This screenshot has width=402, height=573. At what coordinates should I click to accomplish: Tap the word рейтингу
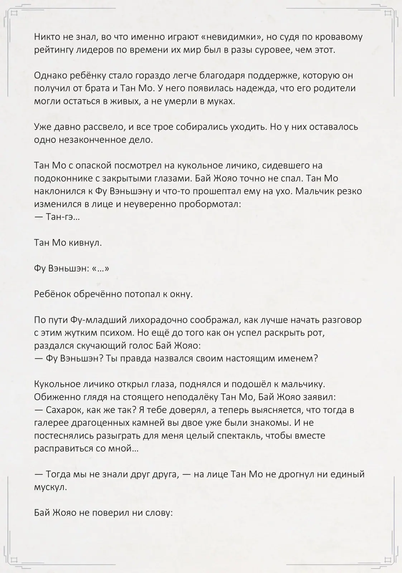tap(54, 50)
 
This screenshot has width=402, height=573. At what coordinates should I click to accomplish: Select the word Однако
tap(50, 76)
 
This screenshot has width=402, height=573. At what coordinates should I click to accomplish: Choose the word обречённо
tap(97, 294)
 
